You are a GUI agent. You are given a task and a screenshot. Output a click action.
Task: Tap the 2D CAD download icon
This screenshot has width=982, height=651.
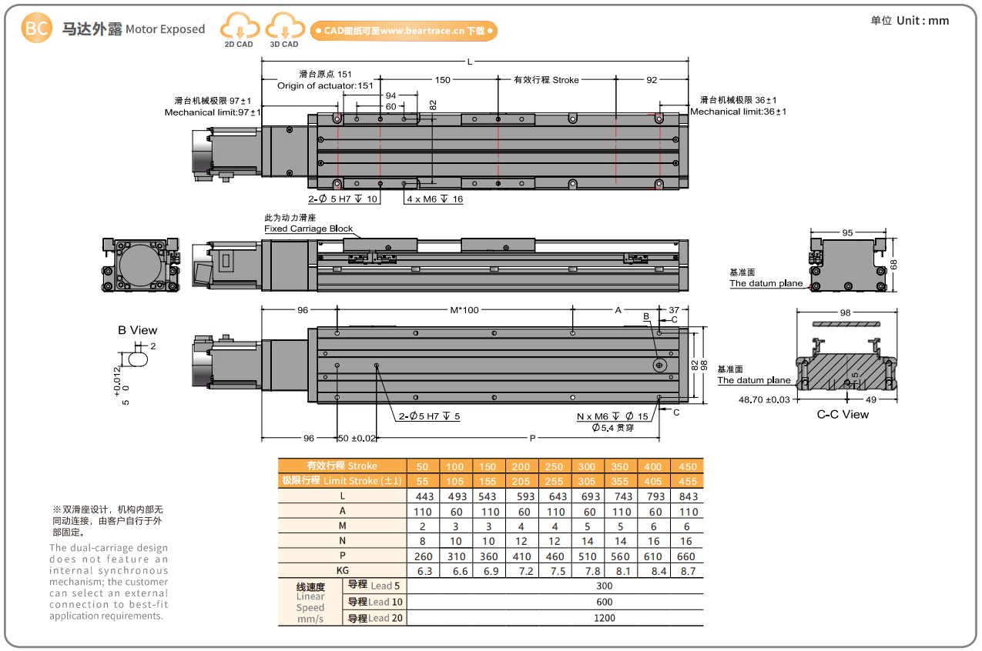click(239, 31)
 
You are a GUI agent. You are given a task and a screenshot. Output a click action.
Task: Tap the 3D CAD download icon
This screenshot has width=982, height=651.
click(283, 31)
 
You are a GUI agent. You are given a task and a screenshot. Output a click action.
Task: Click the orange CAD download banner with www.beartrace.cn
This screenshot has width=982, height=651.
click(404, 31)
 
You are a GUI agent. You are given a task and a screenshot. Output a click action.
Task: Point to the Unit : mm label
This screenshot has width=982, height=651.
click(910, 21)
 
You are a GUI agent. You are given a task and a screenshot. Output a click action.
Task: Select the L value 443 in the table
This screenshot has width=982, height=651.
click(423, 496)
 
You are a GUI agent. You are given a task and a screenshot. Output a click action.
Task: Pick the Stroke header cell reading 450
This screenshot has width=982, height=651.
click(687, 466)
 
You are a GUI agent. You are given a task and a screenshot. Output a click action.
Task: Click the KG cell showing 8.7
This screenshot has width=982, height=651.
click(687, 571)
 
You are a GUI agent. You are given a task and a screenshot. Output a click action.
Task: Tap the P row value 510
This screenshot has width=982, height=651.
click(588, 556)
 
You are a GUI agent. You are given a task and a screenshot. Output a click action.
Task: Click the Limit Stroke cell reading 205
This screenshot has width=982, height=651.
click(521, 481)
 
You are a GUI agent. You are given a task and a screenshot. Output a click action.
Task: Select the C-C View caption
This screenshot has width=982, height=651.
click(843, 415)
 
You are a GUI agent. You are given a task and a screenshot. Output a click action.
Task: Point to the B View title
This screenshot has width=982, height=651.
click(137, 330)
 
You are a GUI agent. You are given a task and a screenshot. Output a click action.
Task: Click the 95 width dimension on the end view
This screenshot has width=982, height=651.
click(846, 232)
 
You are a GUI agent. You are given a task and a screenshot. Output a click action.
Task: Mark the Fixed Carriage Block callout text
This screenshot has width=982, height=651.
click(308, 229)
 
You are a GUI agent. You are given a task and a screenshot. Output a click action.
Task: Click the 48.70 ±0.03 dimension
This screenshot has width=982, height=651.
click(764, 399)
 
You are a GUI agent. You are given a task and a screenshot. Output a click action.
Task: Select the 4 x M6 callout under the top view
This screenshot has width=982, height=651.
click(434, 199)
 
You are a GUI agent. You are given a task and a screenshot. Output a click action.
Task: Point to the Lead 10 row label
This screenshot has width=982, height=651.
click(375, 602)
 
